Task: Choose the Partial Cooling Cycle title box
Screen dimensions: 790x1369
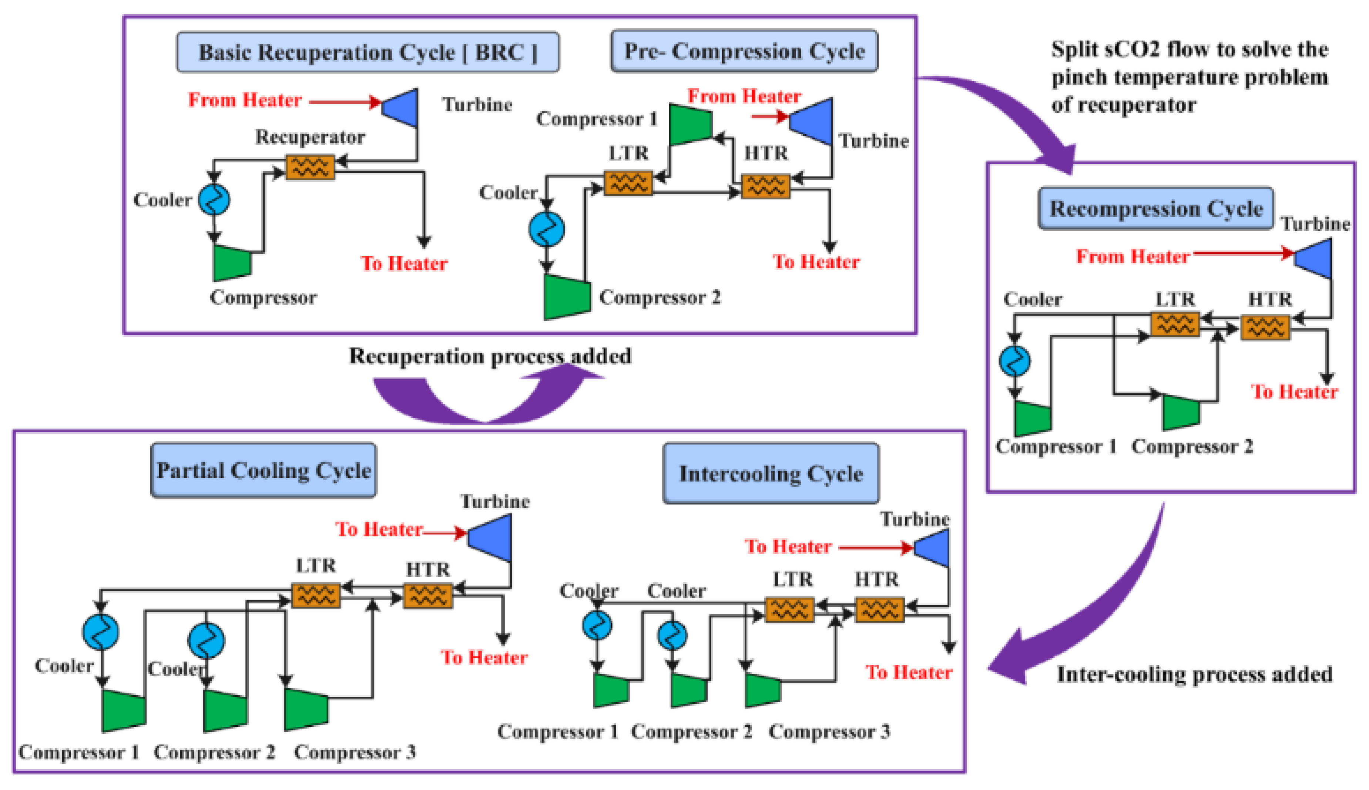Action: pos(264,470)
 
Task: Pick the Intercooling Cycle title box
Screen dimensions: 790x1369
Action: pos(771,474)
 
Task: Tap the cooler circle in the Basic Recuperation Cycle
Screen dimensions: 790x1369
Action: pos(214,200)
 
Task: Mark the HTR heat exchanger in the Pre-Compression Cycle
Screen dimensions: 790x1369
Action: pos(765,186)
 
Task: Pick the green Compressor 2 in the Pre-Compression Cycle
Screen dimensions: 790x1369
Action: pos(567,297)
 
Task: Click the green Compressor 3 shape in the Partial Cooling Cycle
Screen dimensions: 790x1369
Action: pos(306,709)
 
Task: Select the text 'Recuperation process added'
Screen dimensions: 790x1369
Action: pos(490,356)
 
